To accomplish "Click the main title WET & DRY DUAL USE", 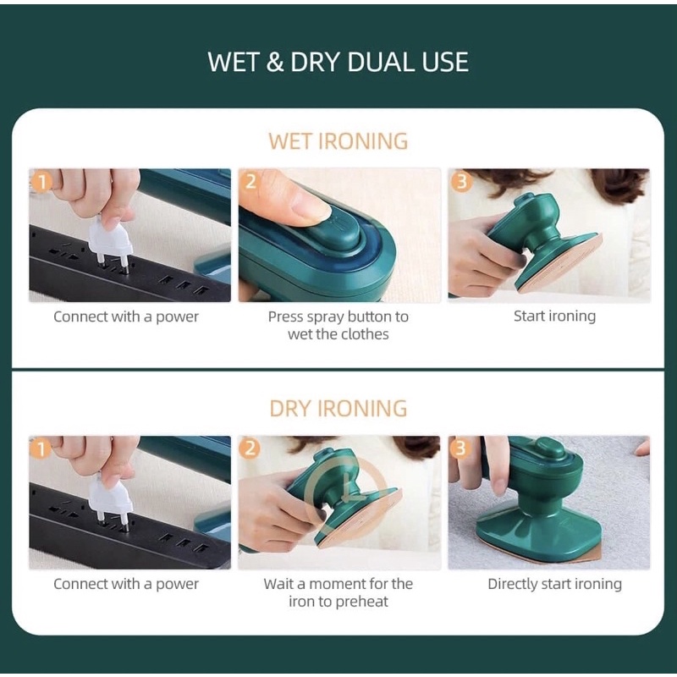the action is [338, 62].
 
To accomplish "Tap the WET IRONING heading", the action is [338, 141].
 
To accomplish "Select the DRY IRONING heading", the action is [338, 408].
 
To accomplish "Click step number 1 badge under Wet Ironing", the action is [41, 182].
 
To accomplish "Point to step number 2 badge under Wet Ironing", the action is [250, 182].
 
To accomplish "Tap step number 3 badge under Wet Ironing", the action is [460, 182].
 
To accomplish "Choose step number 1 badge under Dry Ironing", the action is [41, 449].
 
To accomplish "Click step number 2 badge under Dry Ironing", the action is [250, 449].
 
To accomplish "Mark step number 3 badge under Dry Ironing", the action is [460, 449].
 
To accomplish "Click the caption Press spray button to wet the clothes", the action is [338, 325].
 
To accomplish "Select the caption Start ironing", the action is [554, 316].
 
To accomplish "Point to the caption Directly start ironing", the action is [554, 584].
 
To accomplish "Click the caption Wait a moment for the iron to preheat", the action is [338, 592].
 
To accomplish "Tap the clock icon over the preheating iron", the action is [345, 494].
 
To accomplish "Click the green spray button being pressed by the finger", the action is [332, 234].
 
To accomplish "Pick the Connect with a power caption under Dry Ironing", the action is [126, 584].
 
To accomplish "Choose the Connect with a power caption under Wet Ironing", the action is [126, 316].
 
